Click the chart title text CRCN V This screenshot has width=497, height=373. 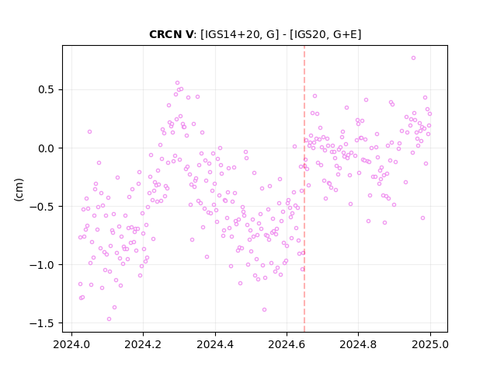[x=171, y=34]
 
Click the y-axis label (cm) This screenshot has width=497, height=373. [x=19, y=190]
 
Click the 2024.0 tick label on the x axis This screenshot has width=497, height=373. [x=71, y=344]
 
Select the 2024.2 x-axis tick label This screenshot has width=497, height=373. [x=143, y=344]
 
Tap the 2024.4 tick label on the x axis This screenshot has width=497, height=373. [x=215, y=344]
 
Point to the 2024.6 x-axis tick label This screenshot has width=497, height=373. [x=287, y=344]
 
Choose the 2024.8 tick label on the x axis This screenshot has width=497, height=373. [x=358, y=344]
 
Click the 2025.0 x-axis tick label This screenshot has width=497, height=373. [x=430, y=344]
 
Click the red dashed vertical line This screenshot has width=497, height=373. [x=304, y=189]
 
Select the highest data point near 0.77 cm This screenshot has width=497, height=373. [x=413, y=58]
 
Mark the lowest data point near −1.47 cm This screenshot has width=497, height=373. [x=109, y=319]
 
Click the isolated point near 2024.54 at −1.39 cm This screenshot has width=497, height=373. [x=264, y=309]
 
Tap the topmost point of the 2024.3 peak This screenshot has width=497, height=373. [x=177, y=83]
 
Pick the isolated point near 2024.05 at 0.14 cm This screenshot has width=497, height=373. [x=90, y=131]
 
